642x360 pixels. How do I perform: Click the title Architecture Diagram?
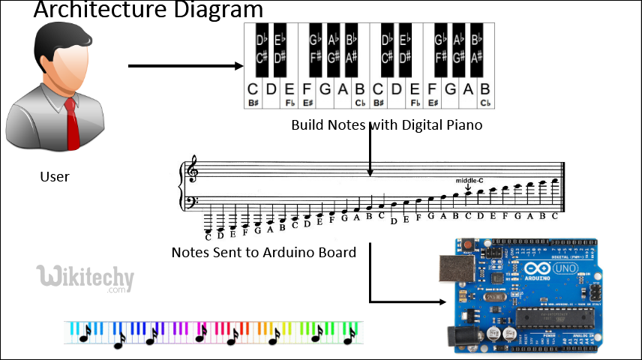pyautogui.click(x=148, y=10)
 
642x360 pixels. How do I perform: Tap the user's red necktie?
pyautogui.click(x=72, y=124)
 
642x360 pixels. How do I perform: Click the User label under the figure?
pyautogui.click(x=54, y=177)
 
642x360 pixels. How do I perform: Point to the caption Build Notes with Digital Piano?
pyautogui.click(x=386, y=124)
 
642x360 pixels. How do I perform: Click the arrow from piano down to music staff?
pyautogui.click(x=370, y=150)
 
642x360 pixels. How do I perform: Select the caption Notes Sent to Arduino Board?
pyautogui.click(x=263, y=252)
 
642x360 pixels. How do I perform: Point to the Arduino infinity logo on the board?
pyautogui.click(x=542, y=269)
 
